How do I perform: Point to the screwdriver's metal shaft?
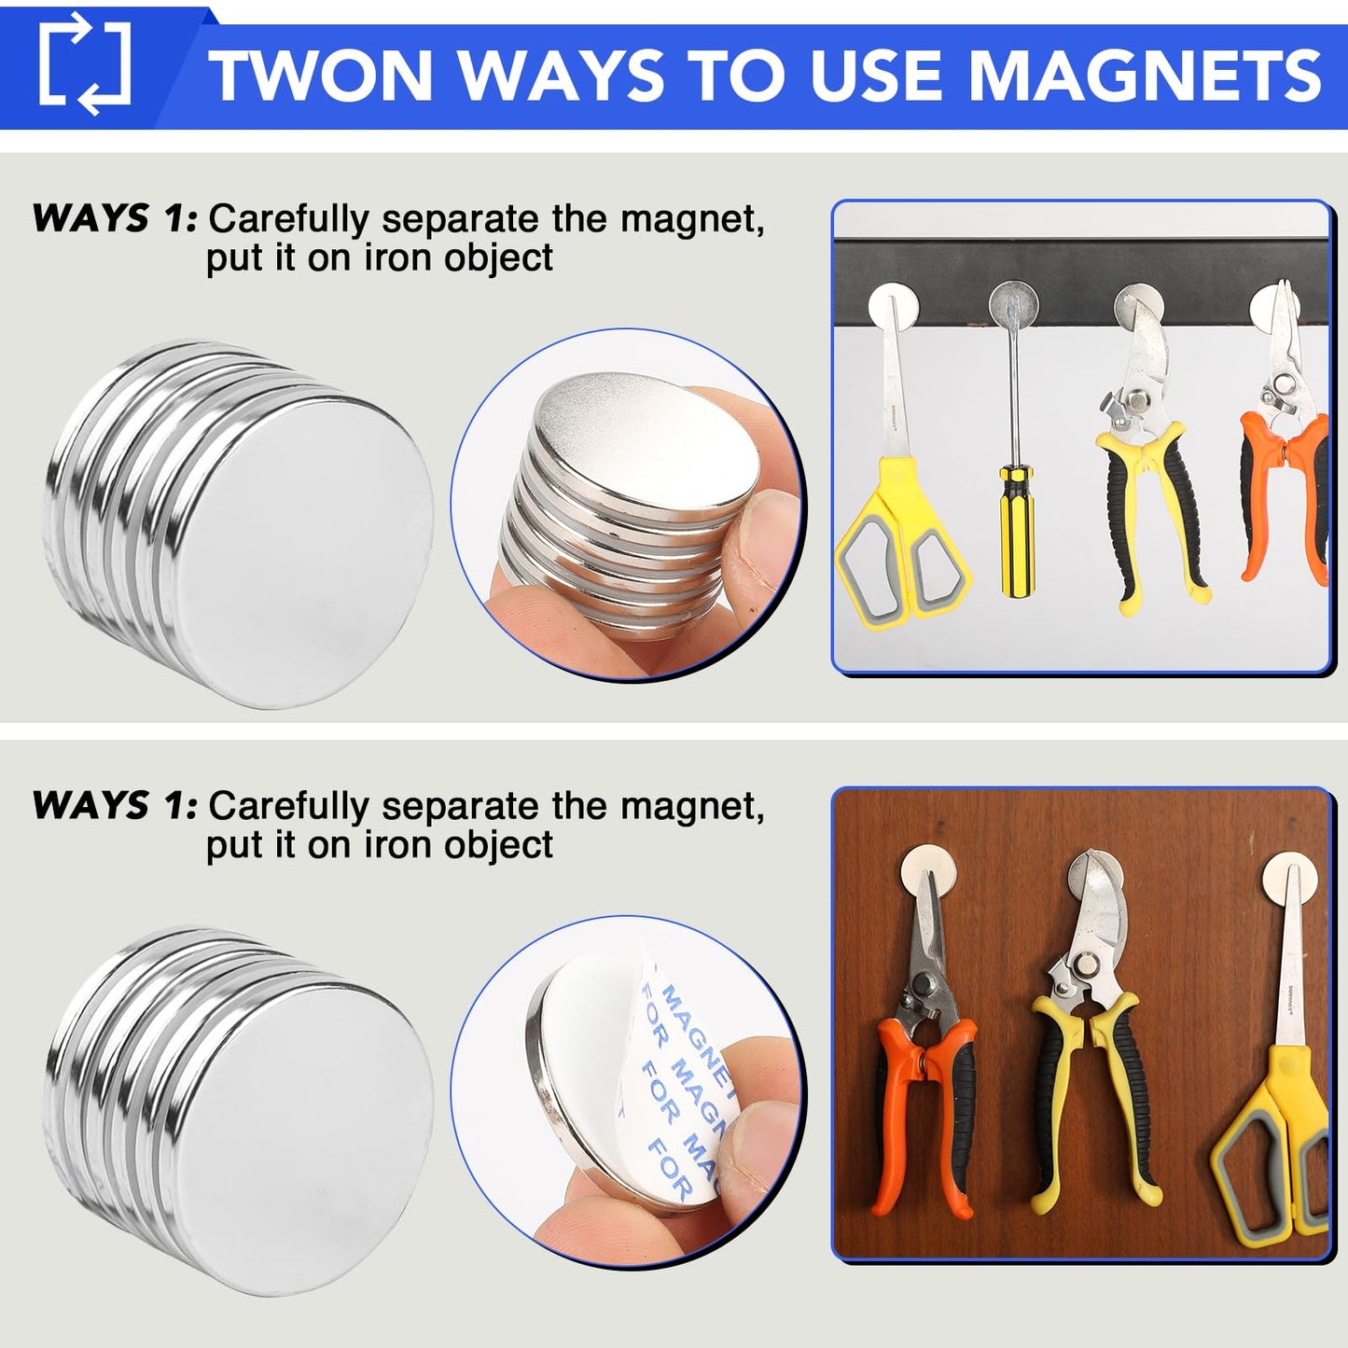click(x=1013, y=392)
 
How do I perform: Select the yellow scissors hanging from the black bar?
click(x=900, y=522)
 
